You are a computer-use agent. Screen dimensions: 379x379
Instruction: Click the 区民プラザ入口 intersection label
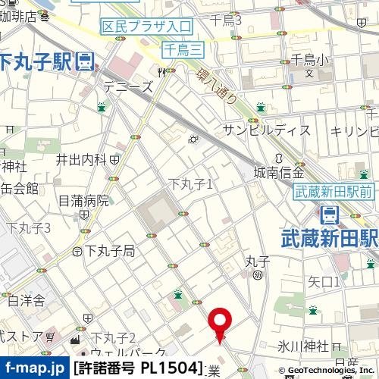click(x=146, y=27)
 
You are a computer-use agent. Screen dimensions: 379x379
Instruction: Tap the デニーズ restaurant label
click(x=127, y=86)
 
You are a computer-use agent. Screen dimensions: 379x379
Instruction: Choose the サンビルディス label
click(x=266, y=130)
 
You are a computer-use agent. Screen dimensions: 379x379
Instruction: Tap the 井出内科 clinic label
click(x=81, y=159)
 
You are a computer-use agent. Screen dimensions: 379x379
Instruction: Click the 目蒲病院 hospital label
click(x=83, y=201)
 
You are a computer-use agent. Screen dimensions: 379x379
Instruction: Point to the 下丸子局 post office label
click(x=109, y=250)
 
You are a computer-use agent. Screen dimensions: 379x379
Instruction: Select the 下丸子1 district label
click(x=190, y=183)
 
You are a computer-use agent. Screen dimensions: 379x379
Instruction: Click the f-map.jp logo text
click(x=33, y=368)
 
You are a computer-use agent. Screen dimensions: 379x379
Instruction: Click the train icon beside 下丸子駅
click(x=86, y=60)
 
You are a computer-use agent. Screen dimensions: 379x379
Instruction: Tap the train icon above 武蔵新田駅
click(x=330, y=215)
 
